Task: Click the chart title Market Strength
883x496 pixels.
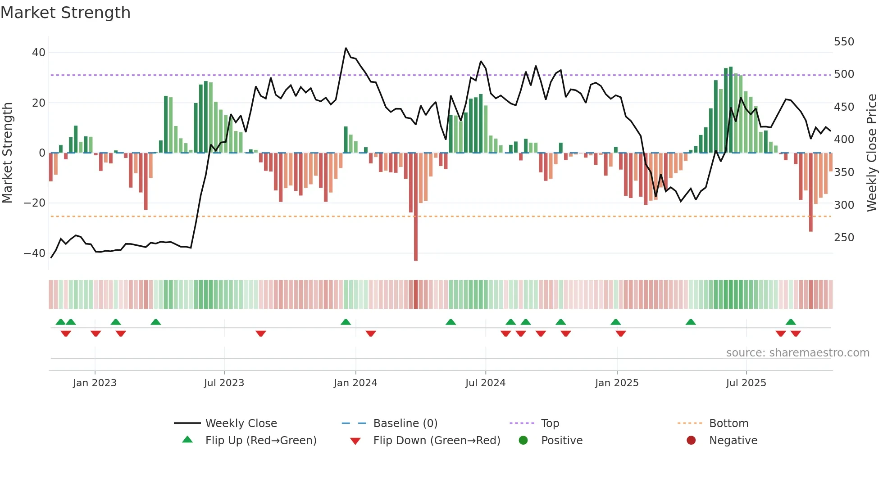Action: [x=65, y=13]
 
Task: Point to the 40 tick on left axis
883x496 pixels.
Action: [x=39, y=53]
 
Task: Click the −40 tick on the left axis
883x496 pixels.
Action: [x=35, y=253]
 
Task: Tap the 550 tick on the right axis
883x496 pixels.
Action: [x=844, y=42]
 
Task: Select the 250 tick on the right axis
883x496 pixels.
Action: [x=844, y=238]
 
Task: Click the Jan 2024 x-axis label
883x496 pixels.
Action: [x=355, y=383]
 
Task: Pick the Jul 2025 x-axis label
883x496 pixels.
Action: [x=746, y=383]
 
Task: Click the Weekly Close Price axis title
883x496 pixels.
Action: [x=871, y=153]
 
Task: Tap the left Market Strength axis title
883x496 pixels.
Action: [x=8, y=153]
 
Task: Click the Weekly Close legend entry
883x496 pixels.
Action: [x=241, y=424]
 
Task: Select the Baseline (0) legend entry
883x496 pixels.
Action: [x=405, y=424]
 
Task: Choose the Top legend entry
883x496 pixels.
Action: [x=550, y=424]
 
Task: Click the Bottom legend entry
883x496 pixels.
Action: [x=728, y=424]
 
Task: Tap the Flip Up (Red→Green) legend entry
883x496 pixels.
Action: [x=260, y=441]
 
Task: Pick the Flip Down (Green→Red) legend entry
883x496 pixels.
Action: [x=436, y=441]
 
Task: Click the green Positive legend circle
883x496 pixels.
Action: [x=523, y=440]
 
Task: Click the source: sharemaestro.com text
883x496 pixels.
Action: [x=797, y=353]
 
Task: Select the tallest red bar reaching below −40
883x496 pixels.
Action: [x=416, y=207]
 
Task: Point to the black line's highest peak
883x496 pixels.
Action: [x=346, y=48]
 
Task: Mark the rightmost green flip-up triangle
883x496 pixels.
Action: [x=791, y=322]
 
